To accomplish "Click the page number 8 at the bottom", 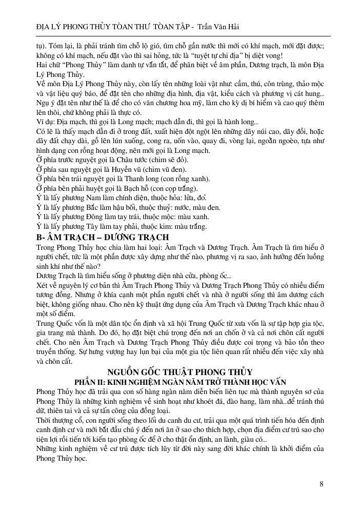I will coord(321,483).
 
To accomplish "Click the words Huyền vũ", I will coord(123,169).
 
